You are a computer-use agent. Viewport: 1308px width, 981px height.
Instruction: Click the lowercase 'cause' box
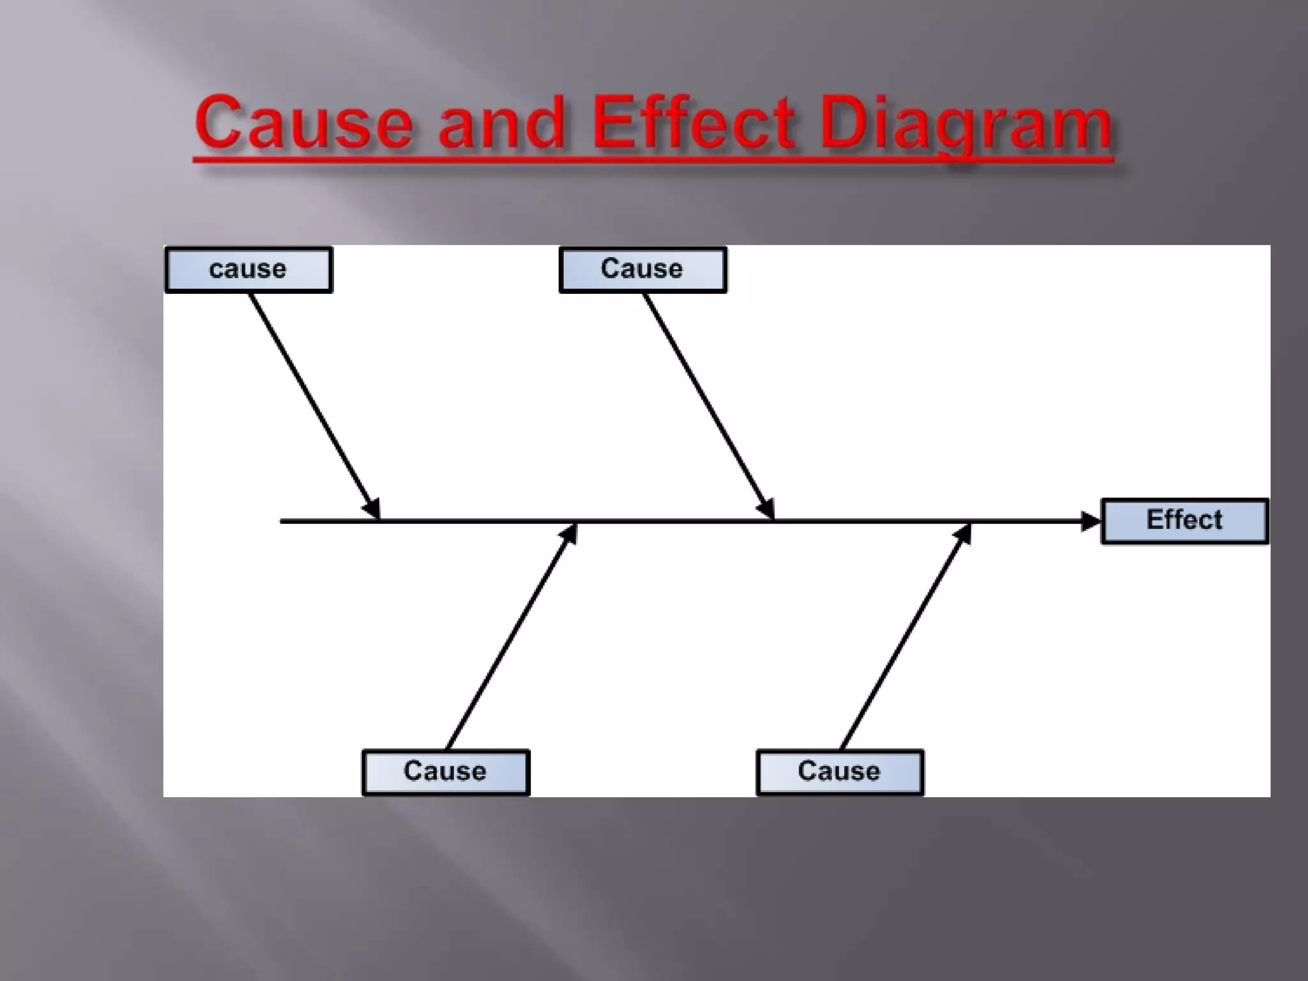[248, 270]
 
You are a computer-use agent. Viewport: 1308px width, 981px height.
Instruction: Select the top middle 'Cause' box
[643, 270]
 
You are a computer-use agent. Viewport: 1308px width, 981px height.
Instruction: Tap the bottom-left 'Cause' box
[446, 772]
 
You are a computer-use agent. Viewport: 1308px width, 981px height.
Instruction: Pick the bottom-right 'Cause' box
[840, 772]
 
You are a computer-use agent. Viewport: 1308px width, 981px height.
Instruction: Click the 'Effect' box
[1185, 521]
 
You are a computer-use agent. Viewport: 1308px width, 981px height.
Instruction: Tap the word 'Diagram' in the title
[966, 125]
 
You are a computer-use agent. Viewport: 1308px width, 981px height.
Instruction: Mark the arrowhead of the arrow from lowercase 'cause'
[372, 508]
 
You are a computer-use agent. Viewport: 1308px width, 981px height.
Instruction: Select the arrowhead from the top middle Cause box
[766, 508]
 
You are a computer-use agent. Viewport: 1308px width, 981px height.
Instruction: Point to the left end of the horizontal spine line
[282, 521]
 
